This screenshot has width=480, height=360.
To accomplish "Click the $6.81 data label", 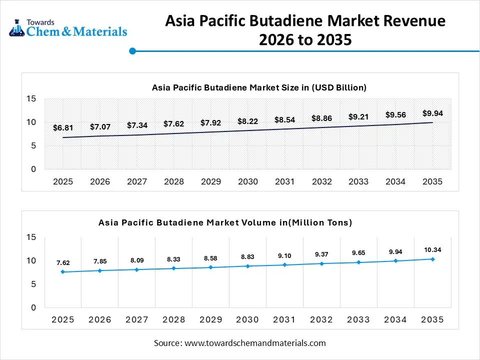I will (x=62, y=128).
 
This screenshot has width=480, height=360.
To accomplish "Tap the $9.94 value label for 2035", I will (x=432, y=113).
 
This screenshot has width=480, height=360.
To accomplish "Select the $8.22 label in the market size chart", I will (x=247, y=121).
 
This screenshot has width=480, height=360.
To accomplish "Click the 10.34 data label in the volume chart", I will (x=432, y=249).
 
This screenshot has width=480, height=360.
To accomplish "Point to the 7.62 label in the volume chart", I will (x=63, y=262).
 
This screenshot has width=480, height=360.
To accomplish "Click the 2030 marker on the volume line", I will (x=247, y=266).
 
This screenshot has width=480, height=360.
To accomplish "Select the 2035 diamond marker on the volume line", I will (x=432, y=259).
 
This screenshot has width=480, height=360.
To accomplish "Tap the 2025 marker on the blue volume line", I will (x=63, y=272).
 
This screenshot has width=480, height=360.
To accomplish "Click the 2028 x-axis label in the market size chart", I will (x=173, y=181).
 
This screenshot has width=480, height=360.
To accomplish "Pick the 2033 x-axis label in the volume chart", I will (x=358, y=319).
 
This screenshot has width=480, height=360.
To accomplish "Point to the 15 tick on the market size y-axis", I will (x=31, y=99).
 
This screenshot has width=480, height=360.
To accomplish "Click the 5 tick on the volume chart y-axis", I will (x=33, y=284).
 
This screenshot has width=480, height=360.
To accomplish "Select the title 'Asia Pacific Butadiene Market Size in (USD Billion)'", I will (x=259, y=87).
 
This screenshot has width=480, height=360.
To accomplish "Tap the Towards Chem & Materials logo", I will (x=68, y=28).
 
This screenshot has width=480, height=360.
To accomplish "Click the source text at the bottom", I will (x=239, y=343).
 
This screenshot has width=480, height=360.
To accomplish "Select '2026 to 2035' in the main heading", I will (x=305, y=40).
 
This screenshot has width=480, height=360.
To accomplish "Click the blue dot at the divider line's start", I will (x=132, y=51).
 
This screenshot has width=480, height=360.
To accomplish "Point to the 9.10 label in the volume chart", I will (x=284, y=255).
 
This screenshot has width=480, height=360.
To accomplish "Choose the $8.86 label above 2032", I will (x=321, y=118).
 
